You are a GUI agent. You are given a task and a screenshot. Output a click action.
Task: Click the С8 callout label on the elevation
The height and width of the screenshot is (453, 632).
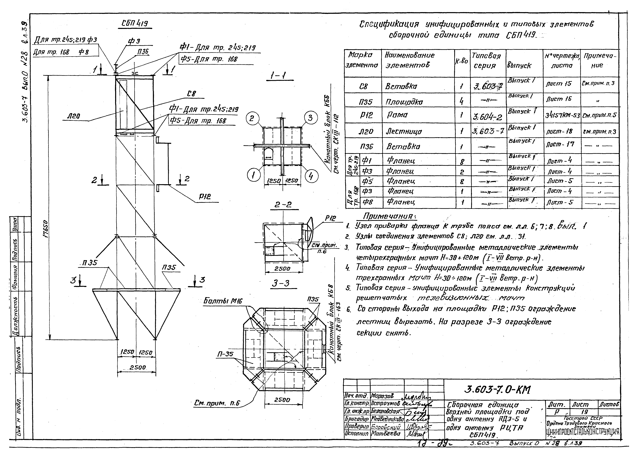191,94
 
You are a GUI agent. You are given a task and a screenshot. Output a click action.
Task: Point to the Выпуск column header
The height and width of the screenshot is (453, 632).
519,66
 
